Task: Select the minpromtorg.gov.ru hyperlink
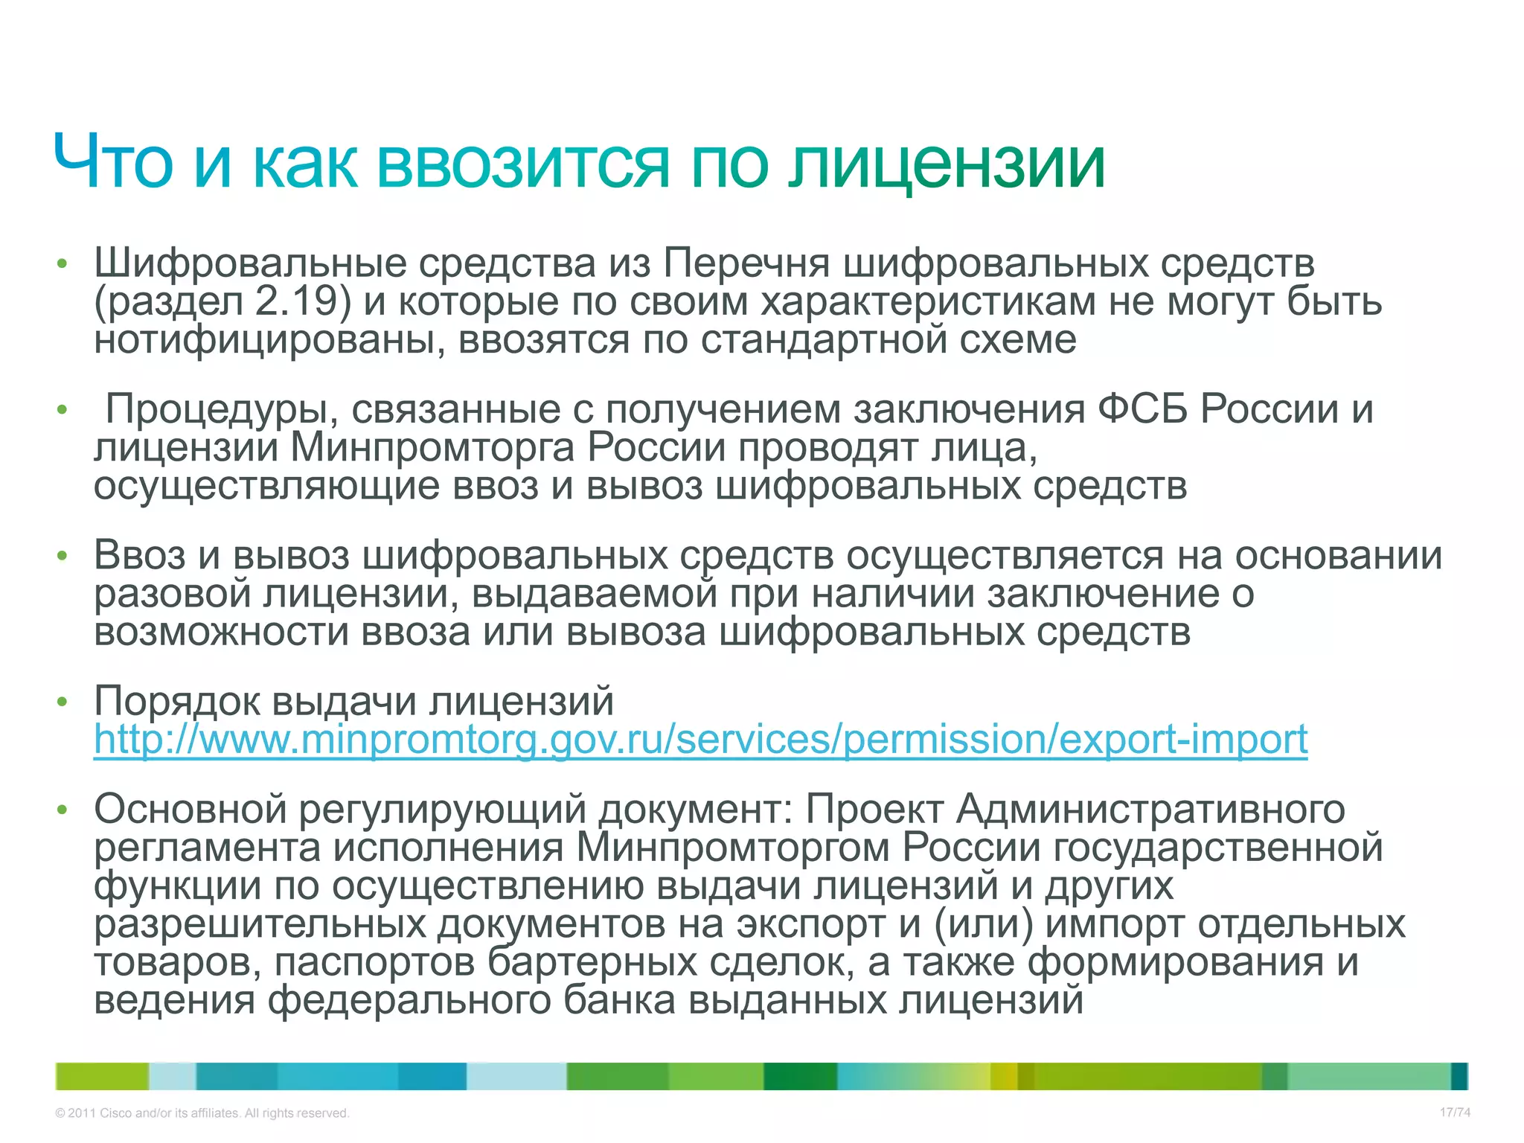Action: coord(700,740)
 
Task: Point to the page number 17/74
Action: coord(1455,1112)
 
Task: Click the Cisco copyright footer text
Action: coord(202,1113)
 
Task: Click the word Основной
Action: coord(190,809)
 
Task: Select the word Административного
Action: coord(1150,809)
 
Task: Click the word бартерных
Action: coord(592,961)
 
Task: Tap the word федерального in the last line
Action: coord(409,1000)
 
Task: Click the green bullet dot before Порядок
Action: coord(63,702)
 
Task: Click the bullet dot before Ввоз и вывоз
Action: coord(63,556)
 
